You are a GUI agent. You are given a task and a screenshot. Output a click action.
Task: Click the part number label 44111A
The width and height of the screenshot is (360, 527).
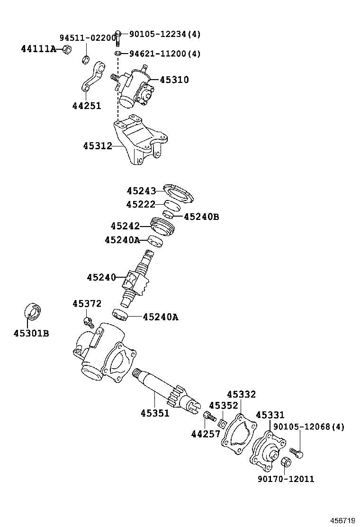[x=38, y=48]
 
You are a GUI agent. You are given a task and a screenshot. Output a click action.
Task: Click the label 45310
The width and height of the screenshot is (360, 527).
[x=174, y=80]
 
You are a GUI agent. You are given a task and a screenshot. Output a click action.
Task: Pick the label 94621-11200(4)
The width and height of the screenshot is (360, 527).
[x=165, y=54]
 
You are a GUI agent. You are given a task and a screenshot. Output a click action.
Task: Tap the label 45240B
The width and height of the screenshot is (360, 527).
[x=201, y=217]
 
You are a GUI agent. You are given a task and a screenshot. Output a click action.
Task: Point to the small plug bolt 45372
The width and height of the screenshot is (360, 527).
[x=87, y=322]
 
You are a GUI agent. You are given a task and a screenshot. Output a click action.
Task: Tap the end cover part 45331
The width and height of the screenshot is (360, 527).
[x=268, y=448]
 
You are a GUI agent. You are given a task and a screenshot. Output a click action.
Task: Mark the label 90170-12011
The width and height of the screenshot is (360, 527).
[x=286, y=479]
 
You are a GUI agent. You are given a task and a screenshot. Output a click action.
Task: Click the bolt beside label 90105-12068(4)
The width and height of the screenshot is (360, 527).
[x=296, y=453]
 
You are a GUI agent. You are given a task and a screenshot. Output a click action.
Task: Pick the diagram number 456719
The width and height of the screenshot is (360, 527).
[x=342, y=520]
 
